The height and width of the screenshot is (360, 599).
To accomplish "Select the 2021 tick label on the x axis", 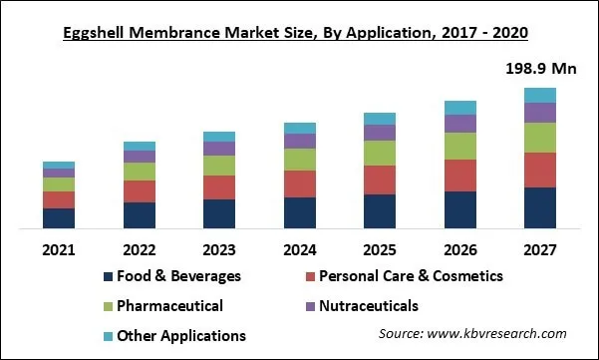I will [x=59, y=249].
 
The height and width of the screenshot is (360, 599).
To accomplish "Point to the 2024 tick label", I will [x=299, y=249].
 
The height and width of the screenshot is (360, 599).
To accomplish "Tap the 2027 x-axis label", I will [x=539, y=249].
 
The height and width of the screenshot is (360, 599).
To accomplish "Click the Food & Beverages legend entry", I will [x=171, y=276].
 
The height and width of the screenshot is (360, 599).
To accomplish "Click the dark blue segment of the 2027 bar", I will [x=539, y=208].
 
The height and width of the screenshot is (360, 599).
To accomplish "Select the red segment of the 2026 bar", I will [x=459, y=176].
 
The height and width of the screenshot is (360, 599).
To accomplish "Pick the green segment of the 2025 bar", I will [x=380, y=153].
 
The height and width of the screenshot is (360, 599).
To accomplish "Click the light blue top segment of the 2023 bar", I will [x=219, y=137].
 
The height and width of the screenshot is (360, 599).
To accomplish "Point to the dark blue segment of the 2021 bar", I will [x=59, y=218].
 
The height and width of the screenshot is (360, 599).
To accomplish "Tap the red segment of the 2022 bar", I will [x=139, y=191].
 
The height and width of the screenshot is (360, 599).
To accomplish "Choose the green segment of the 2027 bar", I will [x=539, y=138].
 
